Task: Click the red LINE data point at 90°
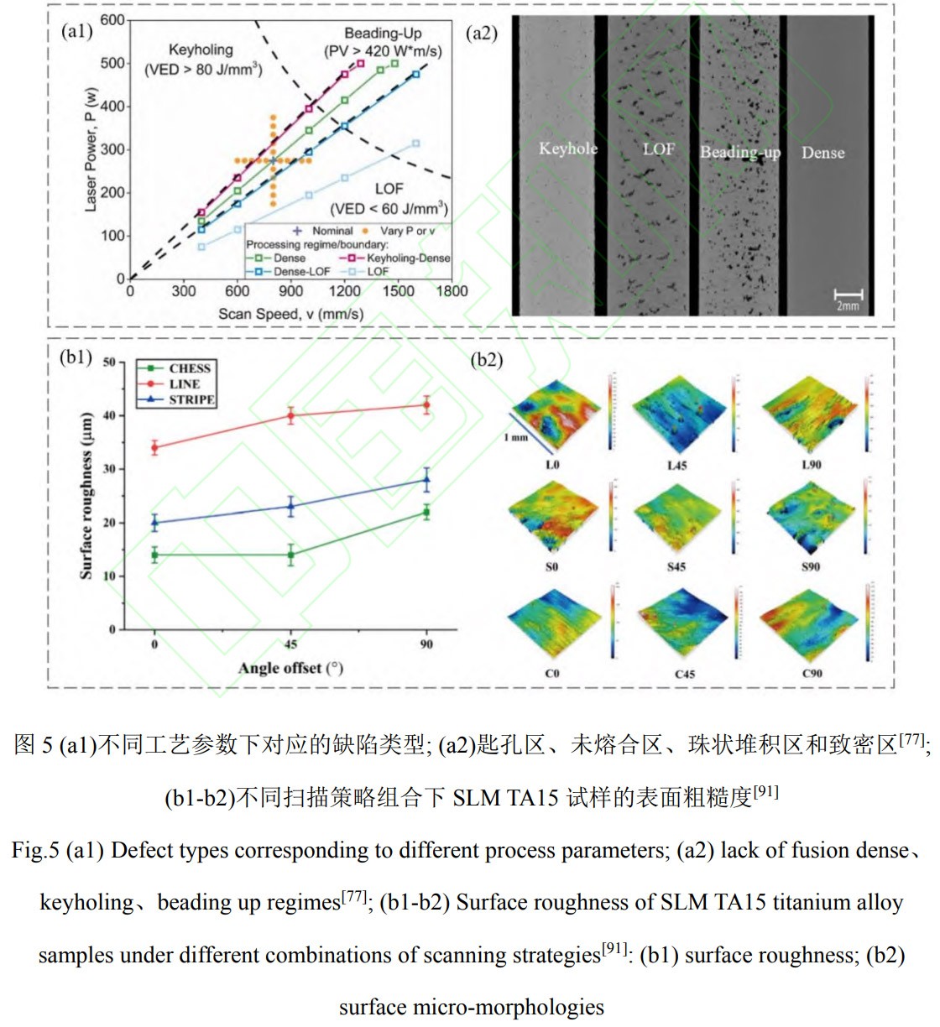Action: click(426, 404)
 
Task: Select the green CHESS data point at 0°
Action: click(154, 555)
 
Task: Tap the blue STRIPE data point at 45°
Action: click(290, 506)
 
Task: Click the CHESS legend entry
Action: click(189, 368)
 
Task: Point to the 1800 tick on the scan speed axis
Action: click(452, 291)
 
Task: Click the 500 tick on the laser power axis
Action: click(112, 64)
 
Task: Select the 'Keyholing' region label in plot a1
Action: click(201, 50)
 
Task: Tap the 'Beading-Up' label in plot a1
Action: click(383, 34)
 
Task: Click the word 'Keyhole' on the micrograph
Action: click(568, 149)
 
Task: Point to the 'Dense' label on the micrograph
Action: click(822, 153)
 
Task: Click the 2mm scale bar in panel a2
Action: click(848, 296)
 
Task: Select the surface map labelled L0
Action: click(554, 411)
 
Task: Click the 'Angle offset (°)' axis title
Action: click(290, 669)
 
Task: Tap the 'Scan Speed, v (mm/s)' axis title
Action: click(290, 314)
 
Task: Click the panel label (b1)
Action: click(76, 357)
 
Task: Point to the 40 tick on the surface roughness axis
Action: click(109, 416)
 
